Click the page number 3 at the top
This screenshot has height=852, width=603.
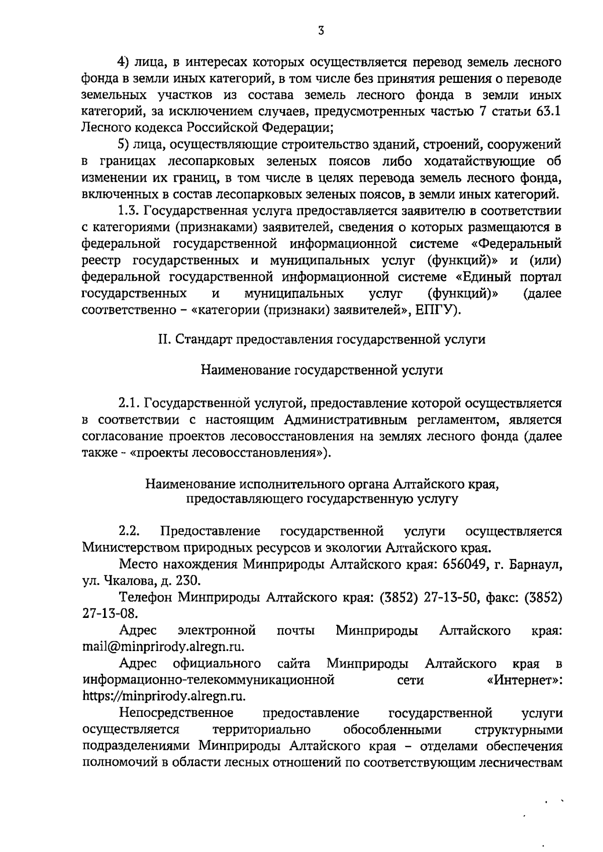point(321,31)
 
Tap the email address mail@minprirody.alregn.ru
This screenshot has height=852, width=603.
point(163,647)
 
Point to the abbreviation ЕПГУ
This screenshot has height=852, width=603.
point(436,310)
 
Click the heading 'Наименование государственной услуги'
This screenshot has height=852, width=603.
point(322,370)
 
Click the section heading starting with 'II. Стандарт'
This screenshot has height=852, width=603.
point(322,340)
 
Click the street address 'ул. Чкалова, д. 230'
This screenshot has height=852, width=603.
point(141,581)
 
